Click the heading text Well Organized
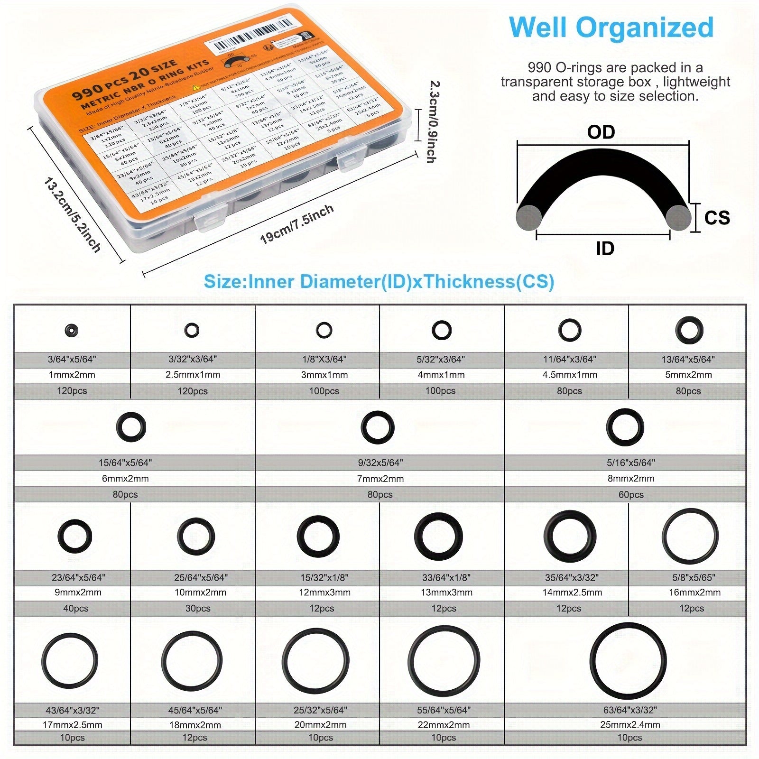(611, 28)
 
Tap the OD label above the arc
(601, 132)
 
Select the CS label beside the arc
(717, 218)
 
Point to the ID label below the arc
(605, 248)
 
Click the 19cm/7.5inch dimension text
(297, 224)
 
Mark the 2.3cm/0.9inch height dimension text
(432, 122)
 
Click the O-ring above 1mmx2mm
(72, 330)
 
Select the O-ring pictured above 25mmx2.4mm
(628, 661)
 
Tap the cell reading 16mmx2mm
(692, 592)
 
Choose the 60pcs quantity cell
(630, 494)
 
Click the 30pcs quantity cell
(198, 608)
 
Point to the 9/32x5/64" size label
(380, 463)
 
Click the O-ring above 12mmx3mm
(318, 537)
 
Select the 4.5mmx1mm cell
(569, 375)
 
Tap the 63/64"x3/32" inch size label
(629, 710)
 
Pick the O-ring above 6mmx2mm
(131, 426)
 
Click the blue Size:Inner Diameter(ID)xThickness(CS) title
(379, 282)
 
